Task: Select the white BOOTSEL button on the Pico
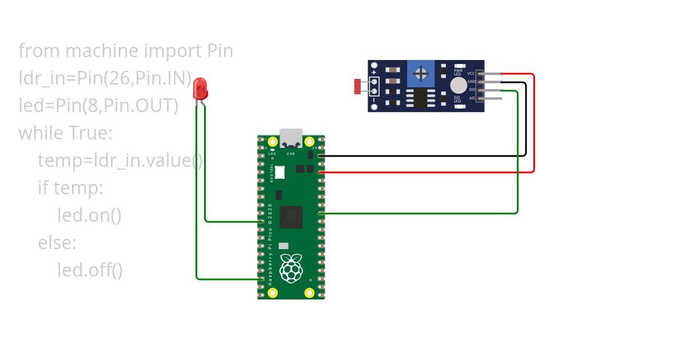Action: click(280, 171)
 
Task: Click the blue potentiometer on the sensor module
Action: click(422, 74)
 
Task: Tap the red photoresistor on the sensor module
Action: click(358, 86)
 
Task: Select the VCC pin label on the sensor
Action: click(471, 74)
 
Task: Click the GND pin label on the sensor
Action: click(471, 82)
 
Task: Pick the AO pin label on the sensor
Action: click(472, 98)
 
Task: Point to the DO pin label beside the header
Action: click(472, 90)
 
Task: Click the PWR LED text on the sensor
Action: click(457, 72)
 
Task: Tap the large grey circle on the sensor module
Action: click(458, 86)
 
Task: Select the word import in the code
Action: click(171, 51)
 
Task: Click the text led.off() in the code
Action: click(90, 270)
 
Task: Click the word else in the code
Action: click(57, 243)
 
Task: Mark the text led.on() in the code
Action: click(89, 215)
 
